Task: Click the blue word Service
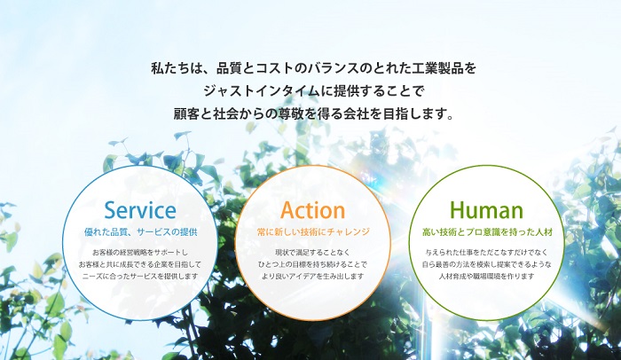140,210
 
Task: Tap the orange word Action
312,210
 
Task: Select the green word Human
486,210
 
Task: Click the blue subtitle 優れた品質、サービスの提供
140,232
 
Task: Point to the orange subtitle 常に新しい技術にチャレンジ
313,232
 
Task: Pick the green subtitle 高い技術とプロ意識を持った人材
487,232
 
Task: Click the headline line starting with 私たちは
313,68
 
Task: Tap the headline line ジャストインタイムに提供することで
313,91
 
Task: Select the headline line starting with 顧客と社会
313,114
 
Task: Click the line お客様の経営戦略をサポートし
140,253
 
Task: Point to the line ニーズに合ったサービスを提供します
140,276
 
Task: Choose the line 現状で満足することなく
312,253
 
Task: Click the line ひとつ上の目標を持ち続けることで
312,264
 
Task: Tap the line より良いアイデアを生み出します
312,276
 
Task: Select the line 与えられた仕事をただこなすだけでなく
486,253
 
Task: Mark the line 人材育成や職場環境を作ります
486,276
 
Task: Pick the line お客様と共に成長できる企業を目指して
140,264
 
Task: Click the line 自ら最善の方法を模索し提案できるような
486,264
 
